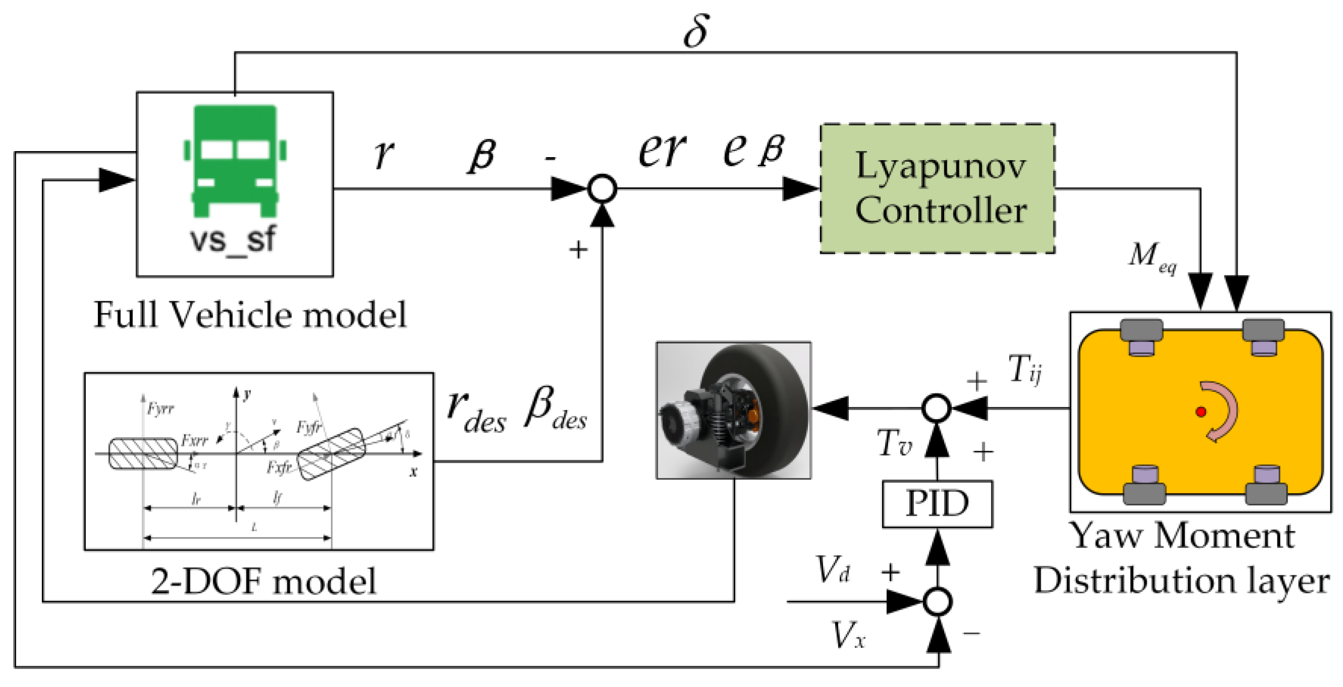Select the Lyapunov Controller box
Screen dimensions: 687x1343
[x=938, y=188]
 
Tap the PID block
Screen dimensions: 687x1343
[x=937, y=504]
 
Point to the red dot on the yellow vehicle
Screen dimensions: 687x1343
[x=1201, y=412]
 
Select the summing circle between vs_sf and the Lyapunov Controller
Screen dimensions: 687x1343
[x=602, y=188]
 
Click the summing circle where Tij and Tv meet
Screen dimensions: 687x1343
[x=937, y=408]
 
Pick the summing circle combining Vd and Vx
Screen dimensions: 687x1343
[x=938, y=602]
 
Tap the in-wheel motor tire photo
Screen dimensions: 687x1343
[x=734, y=410]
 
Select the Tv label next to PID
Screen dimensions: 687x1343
[x=894, y=444]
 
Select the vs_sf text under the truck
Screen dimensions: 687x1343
[x=232, y=240]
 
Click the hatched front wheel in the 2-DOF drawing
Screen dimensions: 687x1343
[x=330, y=454]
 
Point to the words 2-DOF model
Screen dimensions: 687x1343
[x=263, y=581]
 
